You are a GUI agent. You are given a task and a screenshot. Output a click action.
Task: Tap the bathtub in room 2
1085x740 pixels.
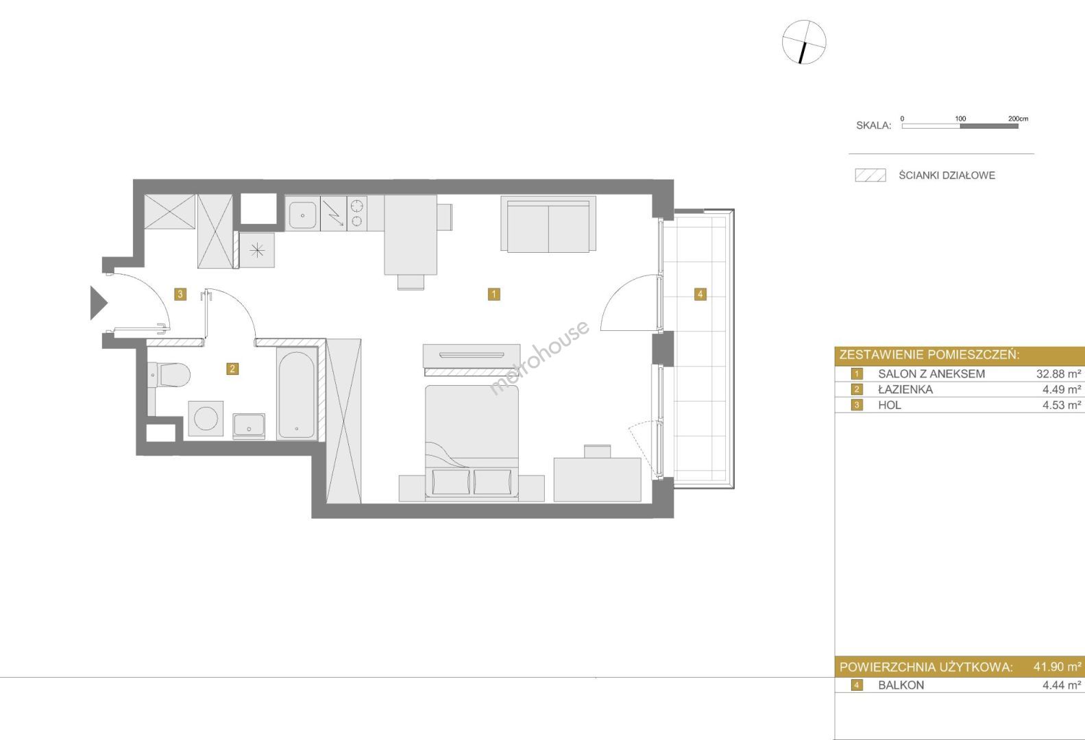coord(297,395)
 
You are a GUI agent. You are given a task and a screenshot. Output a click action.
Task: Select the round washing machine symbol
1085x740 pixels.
coord(206,419)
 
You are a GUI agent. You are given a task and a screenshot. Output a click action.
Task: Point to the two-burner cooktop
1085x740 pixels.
coord(357,214)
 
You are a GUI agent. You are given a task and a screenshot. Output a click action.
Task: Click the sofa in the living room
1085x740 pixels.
coord(548,224)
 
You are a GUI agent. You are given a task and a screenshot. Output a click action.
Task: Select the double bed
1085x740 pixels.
coord(472,443)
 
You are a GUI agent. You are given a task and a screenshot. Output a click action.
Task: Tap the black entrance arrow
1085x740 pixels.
coord(98,303)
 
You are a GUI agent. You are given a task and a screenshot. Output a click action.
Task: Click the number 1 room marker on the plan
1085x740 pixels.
coord(493,294)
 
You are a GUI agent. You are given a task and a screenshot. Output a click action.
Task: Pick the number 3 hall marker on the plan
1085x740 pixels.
coord(180,294)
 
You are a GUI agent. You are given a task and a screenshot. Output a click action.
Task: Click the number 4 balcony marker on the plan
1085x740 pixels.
coord(700,294)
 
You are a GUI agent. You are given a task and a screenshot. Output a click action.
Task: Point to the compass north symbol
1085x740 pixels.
coord(803,42)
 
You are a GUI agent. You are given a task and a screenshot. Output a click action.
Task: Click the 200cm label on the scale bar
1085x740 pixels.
coord(1018,119)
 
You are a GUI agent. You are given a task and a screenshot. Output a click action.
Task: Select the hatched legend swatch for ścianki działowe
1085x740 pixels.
coord(870,175)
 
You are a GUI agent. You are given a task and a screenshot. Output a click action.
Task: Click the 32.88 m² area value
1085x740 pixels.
coord(1058,374)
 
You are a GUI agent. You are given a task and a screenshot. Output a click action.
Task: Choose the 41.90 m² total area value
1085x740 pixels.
coord(1058,667)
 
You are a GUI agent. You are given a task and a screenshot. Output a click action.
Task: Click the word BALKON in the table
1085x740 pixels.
coord(901,685)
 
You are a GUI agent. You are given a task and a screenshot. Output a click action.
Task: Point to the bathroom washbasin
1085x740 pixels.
coord(249,426)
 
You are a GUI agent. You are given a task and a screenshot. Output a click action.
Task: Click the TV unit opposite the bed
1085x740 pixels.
coord(472,357)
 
